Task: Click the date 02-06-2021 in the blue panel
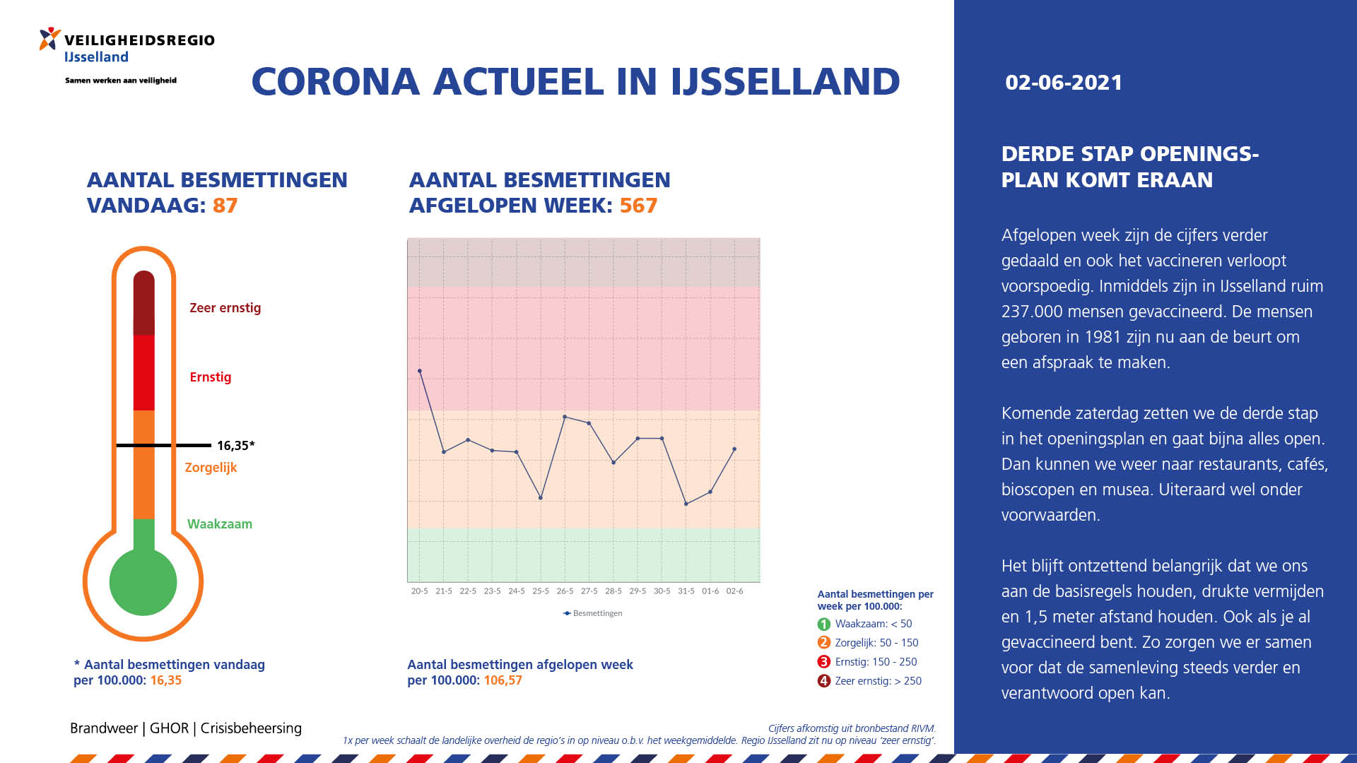click(1064, 83)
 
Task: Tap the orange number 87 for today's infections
click(225, 206)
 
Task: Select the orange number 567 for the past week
click(638, 206)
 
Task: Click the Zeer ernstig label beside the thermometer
click(225, 308)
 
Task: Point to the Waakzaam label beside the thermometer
click(220, 524)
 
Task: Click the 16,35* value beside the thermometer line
click(235, 446)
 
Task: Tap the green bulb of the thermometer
click(143, 582)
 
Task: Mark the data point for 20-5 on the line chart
click(420, 371)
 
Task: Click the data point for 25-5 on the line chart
click(541, 498)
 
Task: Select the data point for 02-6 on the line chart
click(734, 449)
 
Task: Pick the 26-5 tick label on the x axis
click(565, 591)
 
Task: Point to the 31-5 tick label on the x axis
click(686, 591)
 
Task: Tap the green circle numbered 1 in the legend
click(823, 625)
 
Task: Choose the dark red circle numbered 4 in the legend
click(823, 681)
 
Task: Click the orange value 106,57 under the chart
click(503, 680)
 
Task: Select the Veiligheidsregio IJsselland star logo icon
click(49, 39)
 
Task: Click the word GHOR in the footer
click(169, 728)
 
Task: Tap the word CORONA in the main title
click(336, 81)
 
